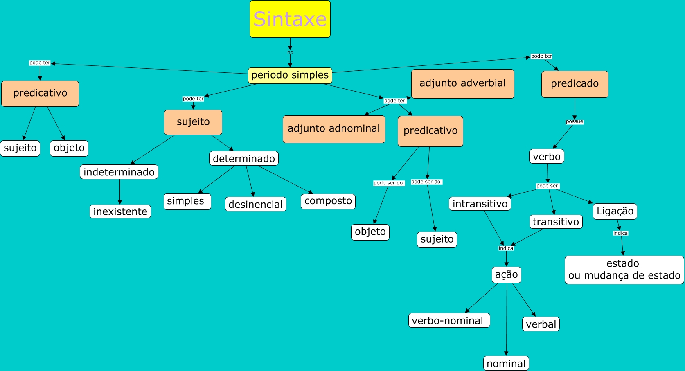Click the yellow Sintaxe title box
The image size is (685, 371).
[x=290, y=19]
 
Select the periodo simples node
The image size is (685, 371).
[x=290, y=75]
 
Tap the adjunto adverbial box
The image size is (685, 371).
[x=462, y=83]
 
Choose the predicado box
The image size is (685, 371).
[x=575, y=84]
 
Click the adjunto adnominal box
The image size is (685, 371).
[x=333, y=129]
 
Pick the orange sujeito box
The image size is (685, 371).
[x=193, y=122]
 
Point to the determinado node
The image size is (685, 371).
[x=243, y=158]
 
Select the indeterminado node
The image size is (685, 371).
[x=119, y=172]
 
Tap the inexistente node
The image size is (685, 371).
[x=120, y=211]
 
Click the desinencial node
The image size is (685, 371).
[x=255, y=204]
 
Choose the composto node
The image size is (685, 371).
[x=328, y=201]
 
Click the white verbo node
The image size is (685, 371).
[x=546, y=156]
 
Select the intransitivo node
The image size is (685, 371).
[x=480, y=204]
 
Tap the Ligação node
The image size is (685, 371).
[x=615, y=211]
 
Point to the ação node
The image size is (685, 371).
[x=506, y=274]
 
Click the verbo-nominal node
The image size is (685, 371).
[x=449, y=320]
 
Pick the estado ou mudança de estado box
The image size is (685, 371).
[x=624, y=270]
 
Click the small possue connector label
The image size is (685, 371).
[x=574, y=121]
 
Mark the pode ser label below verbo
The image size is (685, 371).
[x=547, y=186]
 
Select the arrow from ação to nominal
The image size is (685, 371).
[x=507, y=319]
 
